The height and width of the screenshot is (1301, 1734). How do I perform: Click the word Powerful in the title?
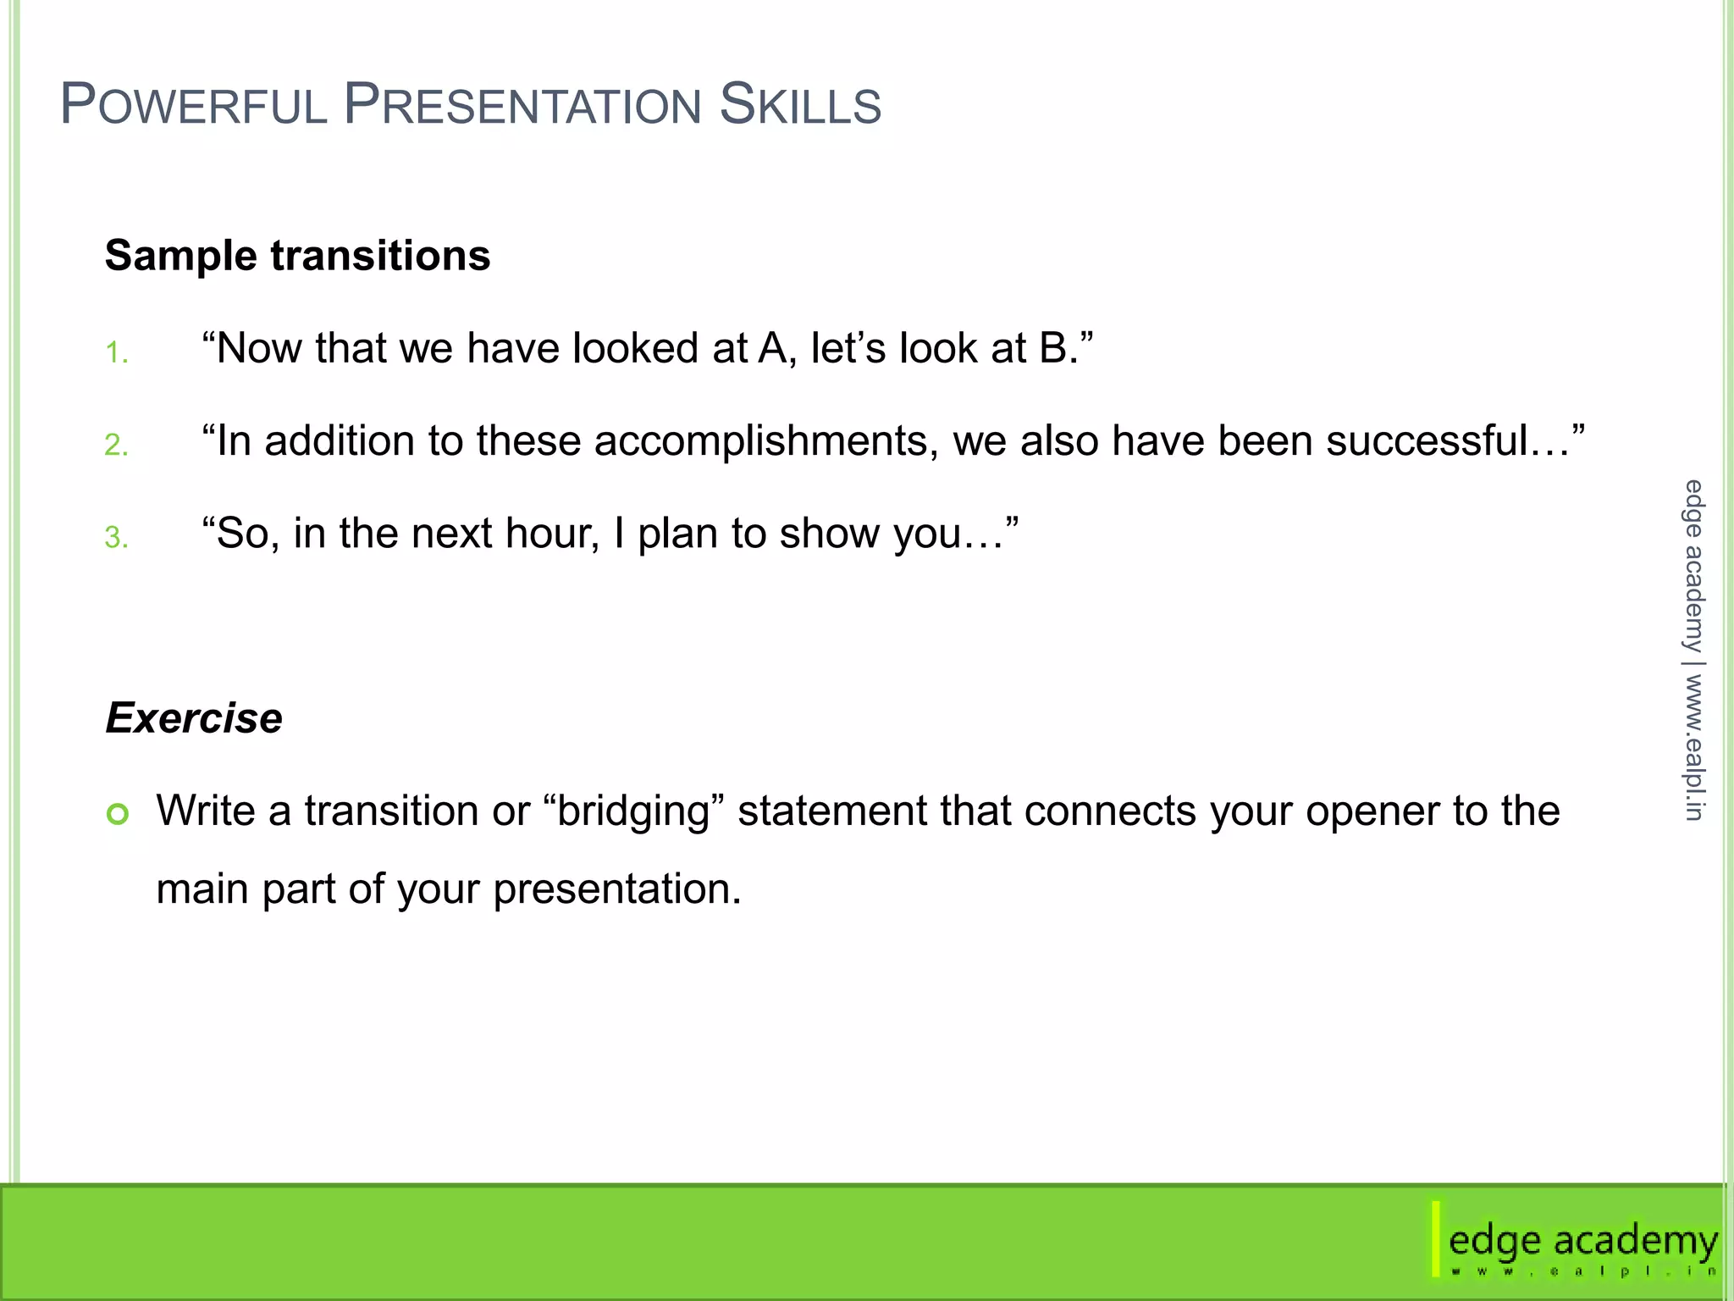coord(194,105)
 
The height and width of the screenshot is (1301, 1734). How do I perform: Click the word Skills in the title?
coord(800,105)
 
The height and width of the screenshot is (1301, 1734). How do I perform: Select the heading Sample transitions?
coord(297,255)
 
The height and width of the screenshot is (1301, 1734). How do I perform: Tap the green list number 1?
coord(116,352)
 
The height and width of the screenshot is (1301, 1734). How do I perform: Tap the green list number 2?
coord(116,445)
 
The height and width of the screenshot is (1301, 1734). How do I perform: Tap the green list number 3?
coord(116,537)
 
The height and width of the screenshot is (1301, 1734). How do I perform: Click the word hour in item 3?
coord(550,534)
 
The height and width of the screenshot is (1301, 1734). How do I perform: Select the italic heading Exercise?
coord(194,718)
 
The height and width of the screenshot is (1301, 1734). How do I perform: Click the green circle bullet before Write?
coord(118,814)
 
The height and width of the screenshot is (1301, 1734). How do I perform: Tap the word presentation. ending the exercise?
coord(616,889)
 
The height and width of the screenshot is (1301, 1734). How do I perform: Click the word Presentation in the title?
coord(523,105)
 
